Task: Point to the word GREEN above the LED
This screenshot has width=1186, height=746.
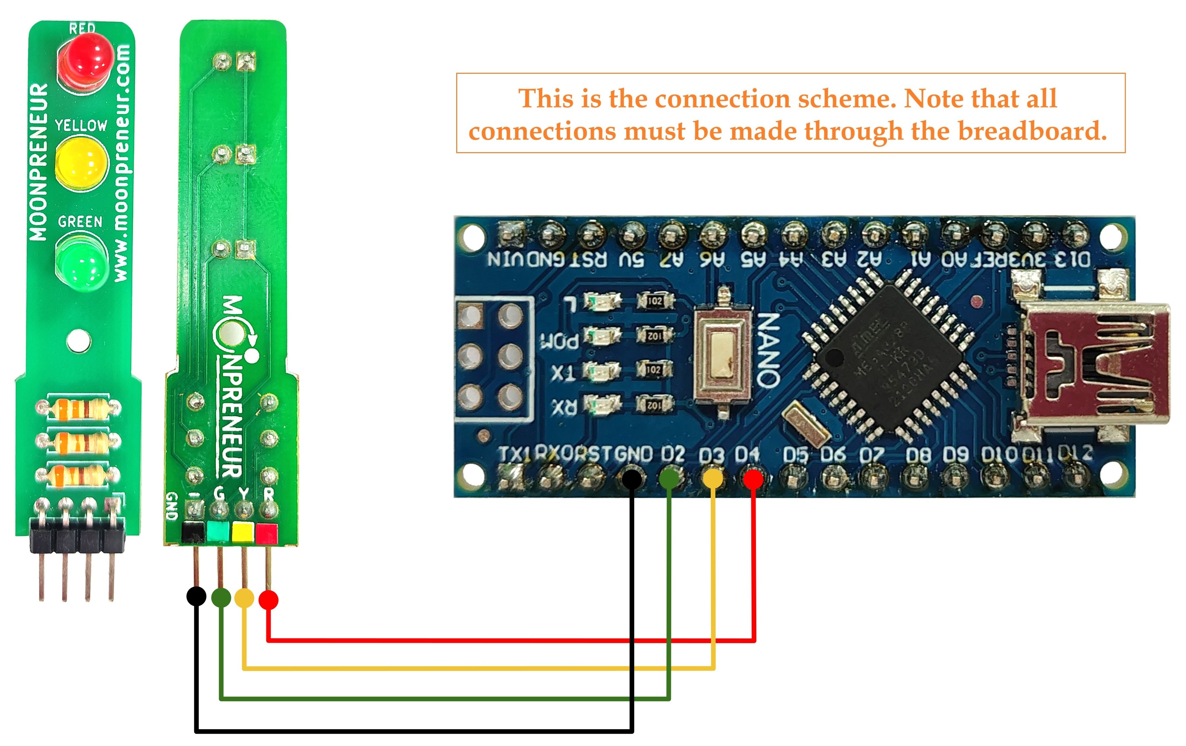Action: [80, 222]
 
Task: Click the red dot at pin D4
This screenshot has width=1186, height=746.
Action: [753, 479]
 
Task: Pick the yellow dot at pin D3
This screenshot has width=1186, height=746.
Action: [713, 479]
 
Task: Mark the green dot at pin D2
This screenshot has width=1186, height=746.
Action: [669, 479]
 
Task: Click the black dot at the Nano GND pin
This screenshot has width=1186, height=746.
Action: [632, 479]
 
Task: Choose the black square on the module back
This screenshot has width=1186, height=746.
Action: [193, 532]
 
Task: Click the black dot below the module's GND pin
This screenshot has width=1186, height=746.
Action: [196, 596]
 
